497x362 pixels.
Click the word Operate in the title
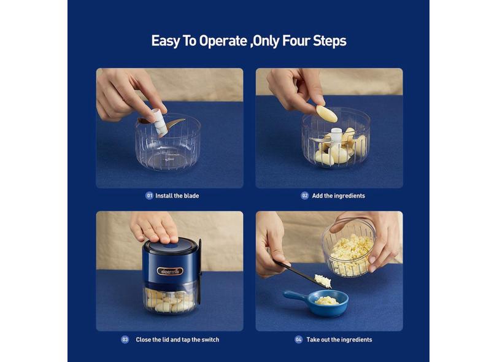pos(223,41)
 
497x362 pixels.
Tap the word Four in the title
pos(296,41)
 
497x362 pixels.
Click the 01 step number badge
pos(149,196)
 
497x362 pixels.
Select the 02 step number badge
pos(304,196)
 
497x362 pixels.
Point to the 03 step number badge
pos(125,339)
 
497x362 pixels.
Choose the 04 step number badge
pos(299,339)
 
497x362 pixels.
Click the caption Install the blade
pos(177,196)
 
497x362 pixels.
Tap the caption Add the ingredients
pos(339,196)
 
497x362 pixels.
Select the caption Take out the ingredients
pos(339,340)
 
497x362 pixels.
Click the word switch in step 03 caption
pos(210,340)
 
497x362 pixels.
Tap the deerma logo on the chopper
pos(170,271)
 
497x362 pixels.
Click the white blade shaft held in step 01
pos(160,122)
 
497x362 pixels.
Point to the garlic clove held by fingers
pos(327,114)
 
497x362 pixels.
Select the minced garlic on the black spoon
pos(323,280)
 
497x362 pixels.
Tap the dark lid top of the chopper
pos(171,245)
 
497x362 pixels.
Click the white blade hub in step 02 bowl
pos(336,135)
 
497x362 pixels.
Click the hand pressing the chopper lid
pos(154,226)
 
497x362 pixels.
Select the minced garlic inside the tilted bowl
pos(351,253)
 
